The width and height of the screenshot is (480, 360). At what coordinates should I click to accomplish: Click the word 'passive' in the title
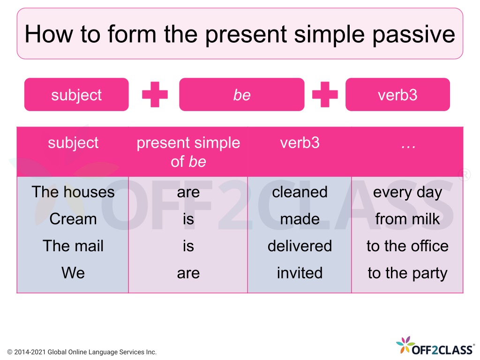(414, 34)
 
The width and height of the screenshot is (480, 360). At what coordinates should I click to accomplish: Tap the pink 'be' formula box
(242, 95)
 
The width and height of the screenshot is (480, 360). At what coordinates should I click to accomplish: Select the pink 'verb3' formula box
(397, 95)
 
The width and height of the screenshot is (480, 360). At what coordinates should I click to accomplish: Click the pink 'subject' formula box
(76, 95)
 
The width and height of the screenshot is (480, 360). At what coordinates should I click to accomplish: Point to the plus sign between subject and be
(155, 95)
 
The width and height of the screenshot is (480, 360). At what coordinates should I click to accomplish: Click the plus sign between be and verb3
(325, 95)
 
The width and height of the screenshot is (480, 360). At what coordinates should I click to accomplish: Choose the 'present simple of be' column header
(188, 152)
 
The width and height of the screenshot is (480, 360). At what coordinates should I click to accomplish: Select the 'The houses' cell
(73, 192)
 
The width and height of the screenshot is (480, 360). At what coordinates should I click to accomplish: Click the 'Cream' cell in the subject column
(73, 219)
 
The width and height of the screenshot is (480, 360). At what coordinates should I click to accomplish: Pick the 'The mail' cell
(73, 246)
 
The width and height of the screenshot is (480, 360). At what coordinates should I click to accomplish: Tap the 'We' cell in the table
(73, 273)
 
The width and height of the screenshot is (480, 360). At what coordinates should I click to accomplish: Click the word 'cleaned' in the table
(300, 192)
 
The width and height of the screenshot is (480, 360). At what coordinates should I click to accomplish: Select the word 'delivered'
(300, 246)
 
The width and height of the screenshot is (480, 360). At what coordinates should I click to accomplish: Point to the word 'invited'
(300, 273)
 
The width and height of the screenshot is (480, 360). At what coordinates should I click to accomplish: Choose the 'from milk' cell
(407, 219)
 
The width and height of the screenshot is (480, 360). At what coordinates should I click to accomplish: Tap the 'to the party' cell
(407, 273)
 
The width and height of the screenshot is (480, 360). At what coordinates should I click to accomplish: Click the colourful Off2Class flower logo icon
(405, 345)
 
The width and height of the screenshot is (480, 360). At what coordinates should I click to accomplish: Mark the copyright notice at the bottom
(82, 352)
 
